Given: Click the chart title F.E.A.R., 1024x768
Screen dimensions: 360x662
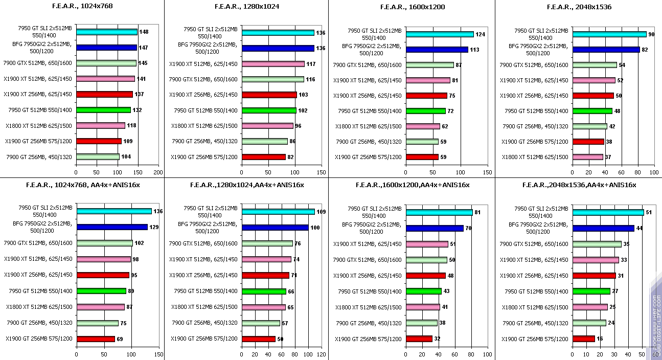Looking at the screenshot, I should pyautogui.click(x=82, y=7).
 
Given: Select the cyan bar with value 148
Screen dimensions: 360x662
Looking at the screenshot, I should pyautogui.click(x=107, y=32).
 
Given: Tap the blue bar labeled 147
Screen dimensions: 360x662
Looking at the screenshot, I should pyautogui.click(x=106, y=48).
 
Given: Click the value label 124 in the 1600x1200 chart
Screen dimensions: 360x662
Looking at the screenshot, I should pyautogui.click(x=481, y=34).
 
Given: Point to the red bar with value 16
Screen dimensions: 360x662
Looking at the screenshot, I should pyautogui.click(x=584, y=339).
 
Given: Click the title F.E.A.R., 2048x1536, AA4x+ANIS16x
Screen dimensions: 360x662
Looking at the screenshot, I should pyautogui.click(x=579, y=185).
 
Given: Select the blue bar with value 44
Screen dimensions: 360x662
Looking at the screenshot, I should pyautogui.click(x=603, y=228).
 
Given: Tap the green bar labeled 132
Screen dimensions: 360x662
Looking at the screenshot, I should pyautogui.click(x=103, y=110).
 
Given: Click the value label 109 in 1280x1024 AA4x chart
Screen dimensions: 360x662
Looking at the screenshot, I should pyautogui.click(x=322, y=212).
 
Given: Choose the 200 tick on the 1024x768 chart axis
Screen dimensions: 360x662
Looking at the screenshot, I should pyautogui.click(x=158, y=173).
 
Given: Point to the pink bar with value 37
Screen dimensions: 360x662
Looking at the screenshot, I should pyautogui.click(x=588, y=157).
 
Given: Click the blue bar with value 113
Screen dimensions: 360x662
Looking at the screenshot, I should pyautogui.click(x=437, y=50).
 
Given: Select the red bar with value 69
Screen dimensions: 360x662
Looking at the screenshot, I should pyautogui.click(x=96, y=339).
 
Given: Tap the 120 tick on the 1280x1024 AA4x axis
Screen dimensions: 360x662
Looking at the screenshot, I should pyautogui.click(x=322, y=354).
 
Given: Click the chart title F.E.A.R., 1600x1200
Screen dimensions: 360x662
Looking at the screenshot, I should pyautogui.click(x=413, y=7).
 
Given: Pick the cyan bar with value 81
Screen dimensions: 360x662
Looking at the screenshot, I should pyautogui.click(x=439, y=212).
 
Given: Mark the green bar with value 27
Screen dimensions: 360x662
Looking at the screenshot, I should pyautogui.click(x=591, y=291).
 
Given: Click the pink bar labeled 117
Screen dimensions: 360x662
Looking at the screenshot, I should pyautogui.click(x=273, y=64).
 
